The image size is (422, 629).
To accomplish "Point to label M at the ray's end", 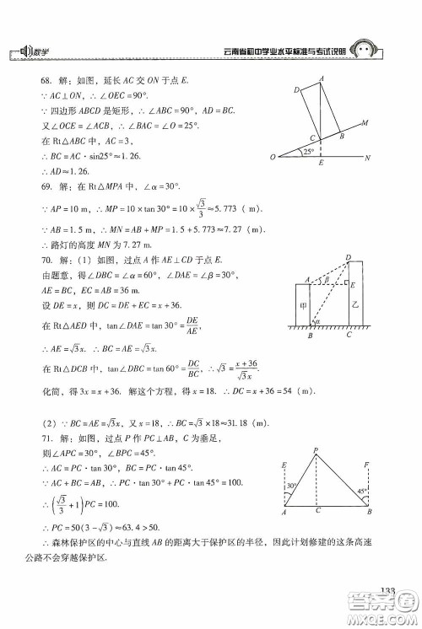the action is coord(365,123).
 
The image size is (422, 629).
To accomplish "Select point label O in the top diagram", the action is coord(273,158).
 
